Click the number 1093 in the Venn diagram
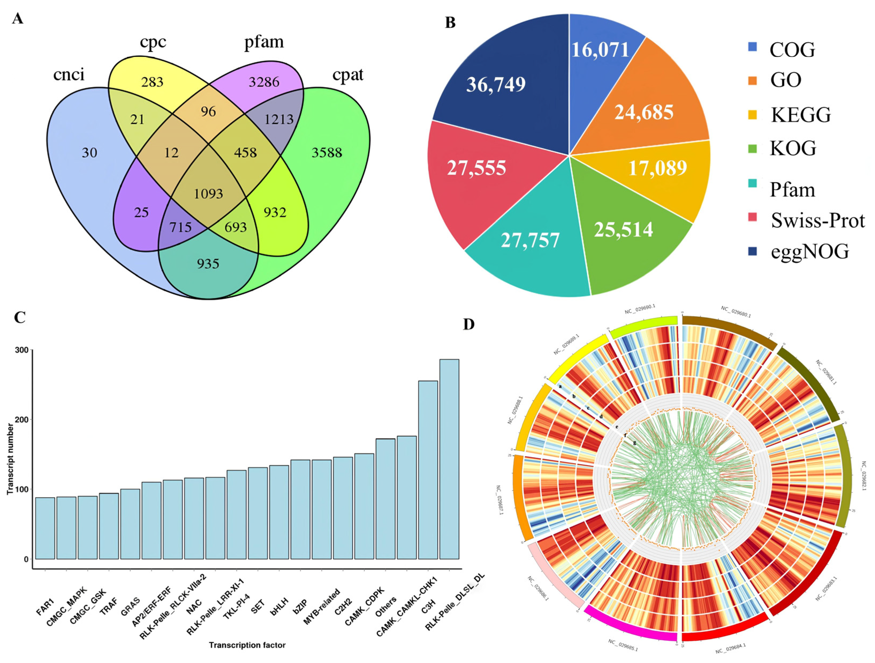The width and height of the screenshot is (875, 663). (x=209, y=194)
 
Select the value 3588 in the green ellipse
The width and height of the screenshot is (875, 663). (x=327, y=153)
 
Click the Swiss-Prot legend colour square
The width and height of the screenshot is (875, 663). (x=753, y=217)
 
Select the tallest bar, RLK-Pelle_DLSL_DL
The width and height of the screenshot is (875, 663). (x=449, y=459)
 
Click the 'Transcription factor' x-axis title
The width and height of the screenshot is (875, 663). (x=247, y=645)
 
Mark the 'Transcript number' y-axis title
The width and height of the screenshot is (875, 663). (x=11, y=459)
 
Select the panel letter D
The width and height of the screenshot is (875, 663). (x=469, y=324)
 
